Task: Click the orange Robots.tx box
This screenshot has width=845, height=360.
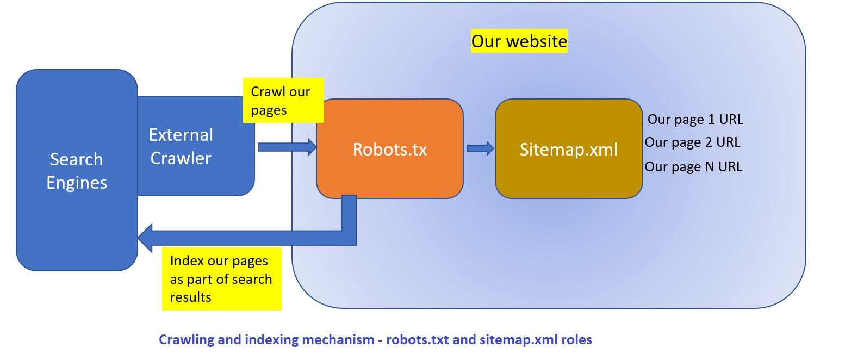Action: (x=389, y=149)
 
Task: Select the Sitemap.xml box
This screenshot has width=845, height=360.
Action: (x=568, y=149)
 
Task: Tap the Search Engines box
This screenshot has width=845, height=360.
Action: (x=76, y=170)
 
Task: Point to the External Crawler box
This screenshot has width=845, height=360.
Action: (x=196, y=146)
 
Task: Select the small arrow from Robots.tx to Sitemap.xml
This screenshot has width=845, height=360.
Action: (x=480, y=148)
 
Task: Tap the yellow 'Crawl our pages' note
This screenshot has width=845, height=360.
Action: (x=283, y=100)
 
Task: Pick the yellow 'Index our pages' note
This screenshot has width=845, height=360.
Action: (x=221, y=278)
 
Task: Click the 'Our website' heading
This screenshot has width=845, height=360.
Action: (x=519, y=41)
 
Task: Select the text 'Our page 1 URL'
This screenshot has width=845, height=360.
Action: (x=695, y=119)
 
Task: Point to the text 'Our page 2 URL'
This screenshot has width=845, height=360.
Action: (x=692, y=142)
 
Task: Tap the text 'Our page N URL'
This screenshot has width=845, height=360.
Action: (x=693, y=166)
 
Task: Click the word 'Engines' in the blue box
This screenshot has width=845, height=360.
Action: (x=77, y=183)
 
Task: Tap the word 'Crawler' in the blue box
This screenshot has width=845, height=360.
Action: (x=181, y=158)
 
